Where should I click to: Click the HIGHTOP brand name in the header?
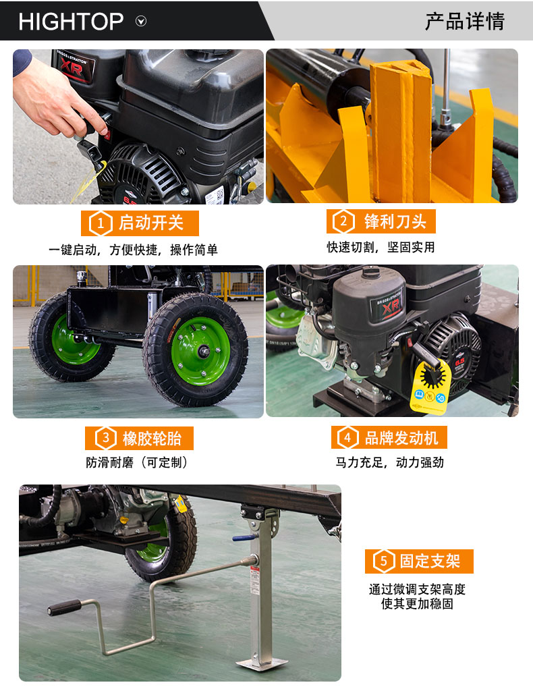pos(71,22)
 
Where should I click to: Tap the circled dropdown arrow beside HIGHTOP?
pos(141,21)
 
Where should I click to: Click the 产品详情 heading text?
pos(465,21)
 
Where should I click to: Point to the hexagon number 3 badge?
pos(106,438)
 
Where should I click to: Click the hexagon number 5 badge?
pos(384,561)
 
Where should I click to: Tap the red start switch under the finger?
pos(107,135)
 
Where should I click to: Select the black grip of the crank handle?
pos(64,608)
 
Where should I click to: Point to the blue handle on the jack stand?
pos(244,538)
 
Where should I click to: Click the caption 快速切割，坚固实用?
pos(381,248)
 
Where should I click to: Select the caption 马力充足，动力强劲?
pos(390,462)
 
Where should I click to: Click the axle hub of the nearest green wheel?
pos(204,351)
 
